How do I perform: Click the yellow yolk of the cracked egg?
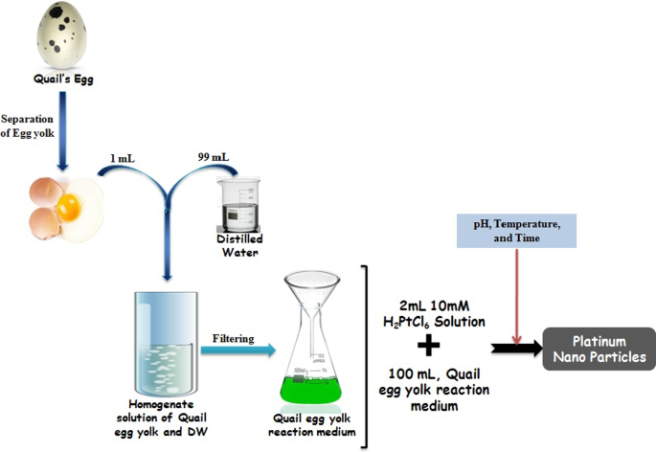(68, 204)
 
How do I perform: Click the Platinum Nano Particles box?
(599, 349)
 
